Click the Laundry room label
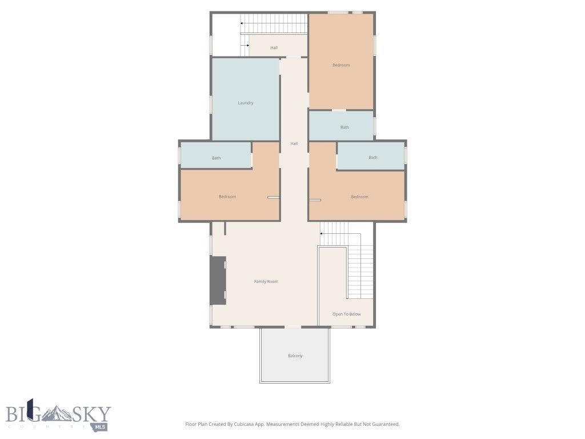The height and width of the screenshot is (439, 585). point(246,103)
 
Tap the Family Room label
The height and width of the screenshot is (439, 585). point(266,281)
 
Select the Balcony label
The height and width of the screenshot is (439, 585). point(295,356)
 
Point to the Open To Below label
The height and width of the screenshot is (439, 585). point(347,314)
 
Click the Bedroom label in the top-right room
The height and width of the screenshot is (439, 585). point(341,65)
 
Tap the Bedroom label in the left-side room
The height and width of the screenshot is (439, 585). point(227,197)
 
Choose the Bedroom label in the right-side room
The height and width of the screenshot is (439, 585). point(359,197)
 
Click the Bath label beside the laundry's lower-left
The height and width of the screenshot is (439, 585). point(216,158)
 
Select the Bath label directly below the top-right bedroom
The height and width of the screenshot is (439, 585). point(344,127)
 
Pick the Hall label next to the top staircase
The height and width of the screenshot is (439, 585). point(274,47)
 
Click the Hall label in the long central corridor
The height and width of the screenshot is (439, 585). point(294,143)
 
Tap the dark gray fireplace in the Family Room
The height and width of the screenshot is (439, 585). point(218,280)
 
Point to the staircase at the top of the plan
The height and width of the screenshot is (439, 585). point(274,24)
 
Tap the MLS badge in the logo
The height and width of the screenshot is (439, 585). point(101,426)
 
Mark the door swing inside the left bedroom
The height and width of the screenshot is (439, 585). point(273,198)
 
